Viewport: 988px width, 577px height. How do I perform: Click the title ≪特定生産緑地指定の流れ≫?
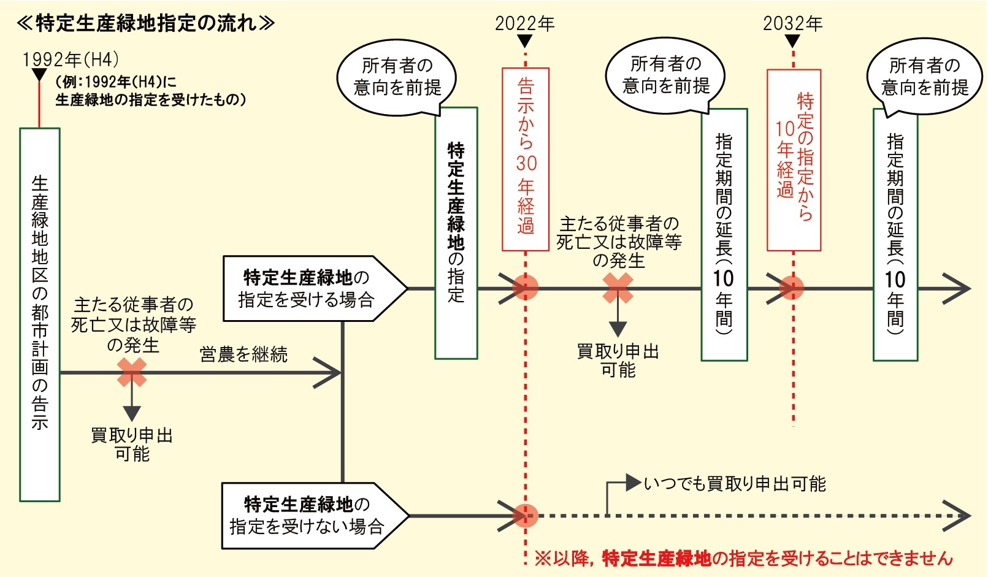coord(146,23)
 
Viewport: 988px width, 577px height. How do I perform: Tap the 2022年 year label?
coord(524,23)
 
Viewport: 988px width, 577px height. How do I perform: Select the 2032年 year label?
coord(792,23)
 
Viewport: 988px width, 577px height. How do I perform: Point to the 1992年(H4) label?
coord(71,59)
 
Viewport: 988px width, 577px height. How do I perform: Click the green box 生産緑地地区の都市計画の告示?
coord(40,314)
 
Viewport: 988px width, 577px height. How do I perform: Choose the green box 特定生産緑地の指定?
coord(456,233)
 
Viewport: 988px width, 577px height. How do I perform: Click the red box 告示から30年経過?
coord(526,159)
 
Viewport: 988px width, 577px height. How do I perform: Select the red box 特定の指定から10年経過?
coord(794,159)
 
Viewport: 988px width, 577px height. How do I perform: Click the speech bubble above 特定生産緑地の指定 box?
coord(397,77)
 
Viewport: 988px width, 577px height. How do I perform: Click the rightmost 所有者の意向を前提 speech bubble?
coord(924,77)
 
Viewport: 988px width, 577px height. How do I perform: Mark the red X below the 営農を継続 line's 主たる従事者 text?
coord(132,372)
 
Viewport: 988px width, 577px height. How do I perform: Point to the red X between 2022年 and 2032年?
coord(618,288)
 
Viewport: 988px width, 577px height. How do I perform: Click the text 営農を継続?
coord(243,354)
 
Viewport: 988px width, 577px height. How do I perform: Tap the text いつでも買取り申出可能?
coord(735,484)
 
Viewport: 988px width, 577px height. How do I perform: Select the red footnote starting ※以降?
coord(743,558)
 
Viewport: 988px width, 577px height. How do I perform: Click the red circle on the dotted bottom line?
coord(526,516)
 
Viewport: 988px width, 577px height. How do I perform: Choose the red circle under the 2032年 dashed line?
coord(792,288)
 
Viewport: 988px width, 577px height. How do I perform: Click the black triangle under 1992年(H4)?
coord(39,75)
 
